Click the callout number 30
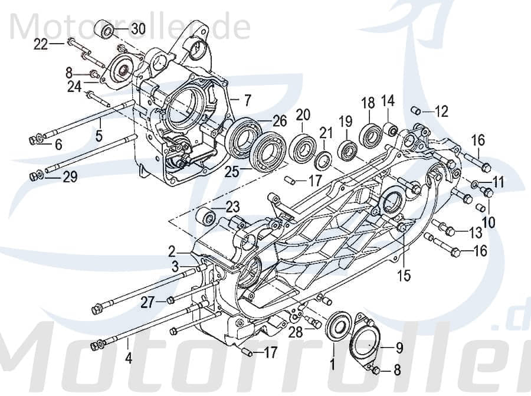click(137, 30)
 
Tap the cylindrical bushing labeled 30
click(106, 30)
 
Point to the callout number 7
click(247, 99)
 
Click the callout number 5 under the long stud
click(99, 136)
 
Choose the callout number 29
click(70, 177)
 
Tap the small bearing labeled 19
click(347, 150)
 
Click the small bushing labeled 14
click(389, 129)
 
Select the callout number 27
click(146, 303)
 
